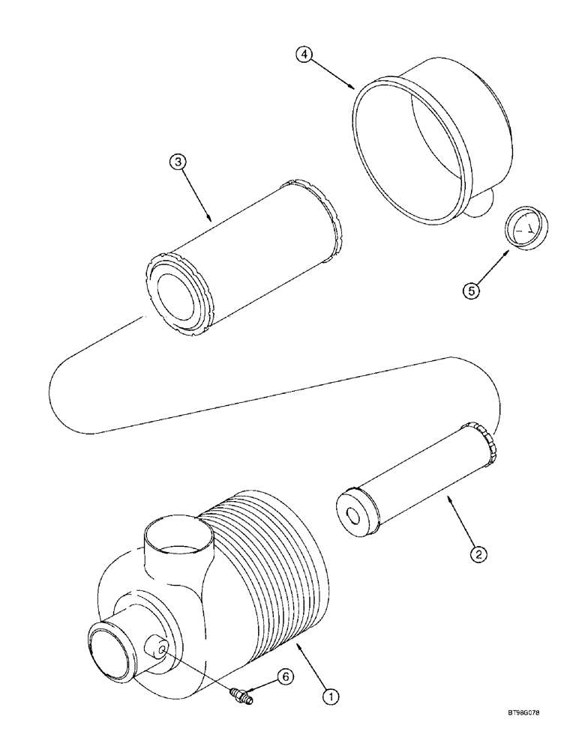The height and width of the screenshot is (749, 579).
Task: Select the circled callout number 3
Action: [x=176, y=163]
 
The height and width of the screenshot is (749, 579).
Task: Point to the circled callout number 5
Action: [x=471, y=291]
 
